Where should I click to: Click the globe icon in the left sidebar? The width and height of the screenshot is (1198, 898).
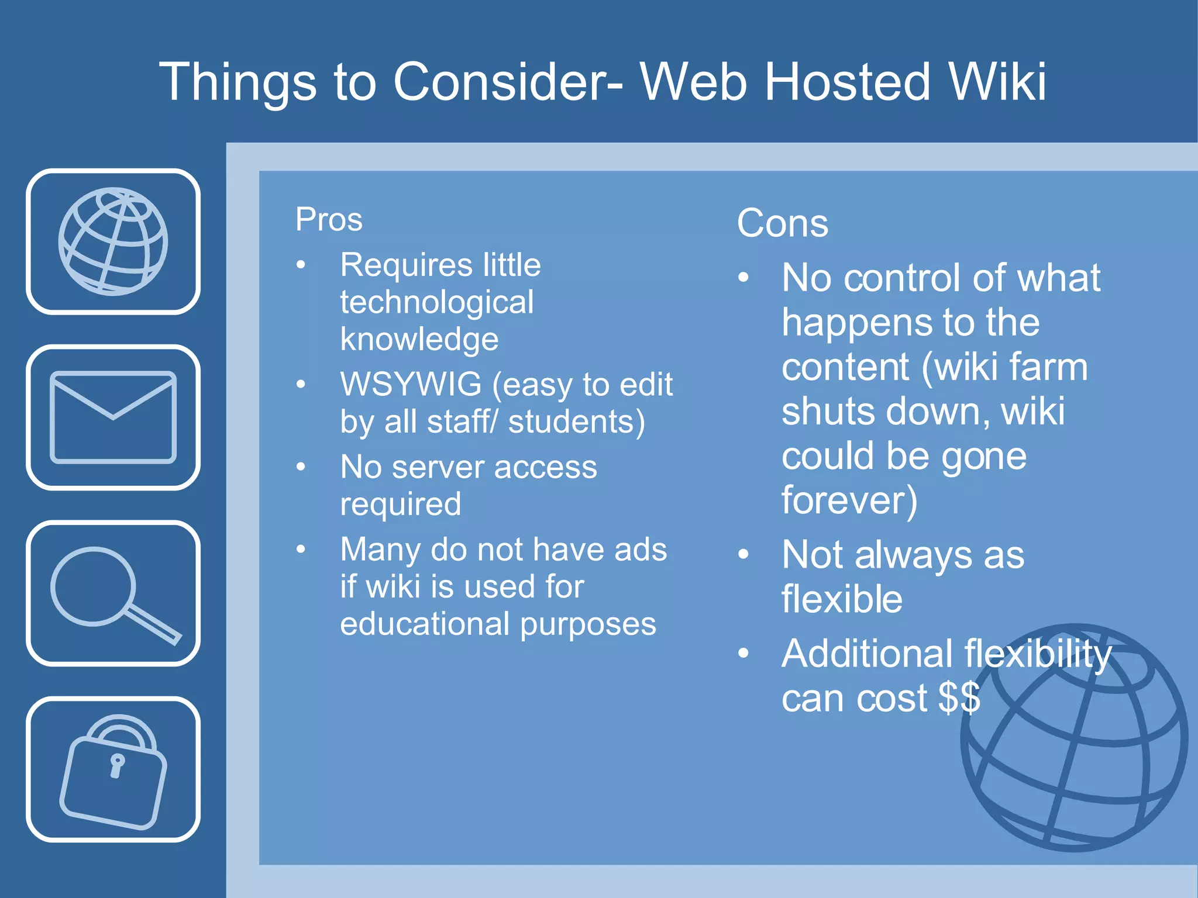(x=113, y=241)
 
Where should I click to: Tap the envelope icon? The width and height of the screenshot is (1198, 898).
(x=113, y=417)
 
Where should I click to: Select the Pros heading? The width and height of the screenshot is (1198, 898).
(x=329, y=220)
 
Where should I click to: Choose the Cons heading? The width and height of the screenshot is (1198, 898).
(x=782, y=223)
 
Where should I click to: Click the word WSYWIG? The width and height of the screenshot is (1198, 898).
(x=411, y=384)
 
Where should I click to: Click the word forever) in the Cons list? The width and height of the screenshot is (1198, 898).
(x=849, y=500)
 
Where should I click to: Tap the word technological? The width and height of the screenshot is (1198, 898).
(x=436, y=302)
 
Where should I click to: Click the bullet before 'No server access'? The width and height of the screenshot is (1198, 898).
(x=301, y=467)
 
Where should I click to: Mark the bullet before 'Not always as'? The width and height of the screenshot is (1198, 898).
(x=743, y=554)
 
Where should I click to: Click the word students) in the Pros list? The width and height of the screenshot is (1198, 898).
(x=576, y=422)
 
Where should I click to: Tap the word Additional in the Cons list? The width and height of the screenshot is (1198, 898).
(x=867, y=653)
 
